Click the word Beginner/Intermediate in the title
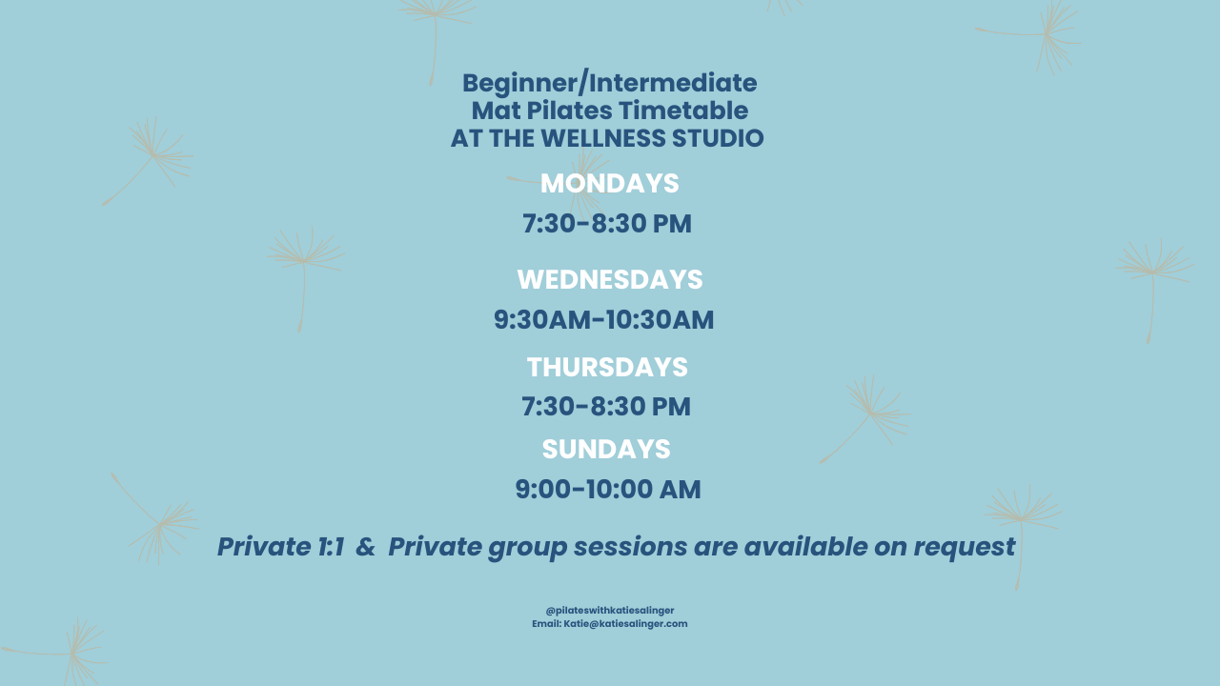point(609,84)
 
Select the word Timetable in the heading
point(683,111)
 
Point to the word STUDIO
point(718,138)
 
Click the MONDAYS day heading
point(609,184)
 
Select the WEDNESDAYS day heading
point(610,280)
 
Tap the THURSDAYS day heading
point(607,367)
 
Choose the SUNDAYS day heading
point(606,449)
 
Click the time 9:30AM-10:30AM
point(603,319)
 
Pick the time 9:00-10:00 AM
point(608,489)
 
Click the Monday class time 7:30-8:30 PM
point(607,224)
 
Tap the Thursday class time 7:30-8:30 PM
point(605,407)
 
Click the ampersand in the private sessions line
point(365,547)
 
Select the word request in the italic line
point(964,548)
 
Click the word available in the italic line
point(805,547)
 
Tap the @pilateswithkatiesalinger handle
point(610,611)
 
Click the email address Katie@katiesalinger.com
point(625,624)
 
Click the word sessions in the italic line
point(630,547)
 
